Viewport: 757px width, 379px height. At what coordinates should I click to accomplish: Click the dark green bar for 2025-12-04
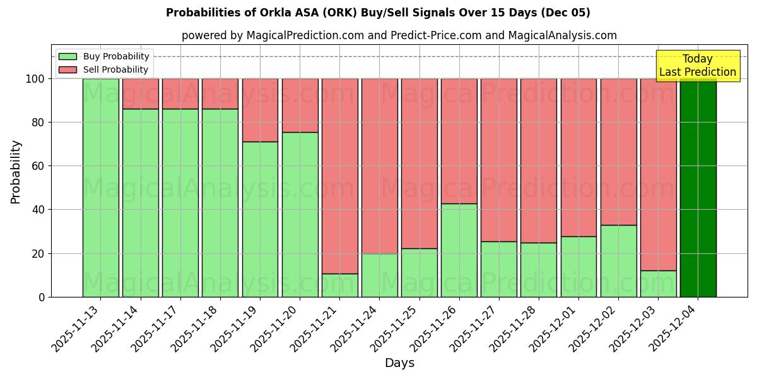point(698,188)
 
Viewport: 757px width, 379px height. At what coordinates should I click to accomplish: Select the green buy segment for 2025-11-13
point(100,188)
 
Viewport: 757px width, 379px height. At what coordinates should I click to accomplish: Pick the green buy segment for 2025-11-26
point(459,250)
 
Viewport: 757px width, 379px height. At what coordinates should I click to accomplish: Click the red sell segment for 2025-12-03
point(658,174)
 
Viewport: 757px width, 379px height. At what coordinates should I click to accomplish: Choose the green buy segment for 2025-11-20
point(300,215)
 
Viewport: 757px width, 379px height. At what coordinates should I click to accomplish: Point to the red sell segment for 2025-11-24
point(379,165)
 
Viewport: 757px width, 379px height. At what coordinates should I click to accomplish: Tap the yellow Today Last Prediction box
point(697,66)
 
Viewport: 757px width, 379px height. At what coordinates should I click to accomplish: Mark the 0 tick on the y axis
point(41,297)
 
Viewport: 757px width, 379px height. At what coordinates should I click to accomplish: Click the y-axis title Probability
point(16,171)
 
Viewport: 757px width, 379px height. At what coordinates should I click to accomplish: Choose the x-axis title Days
point(399,363)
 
